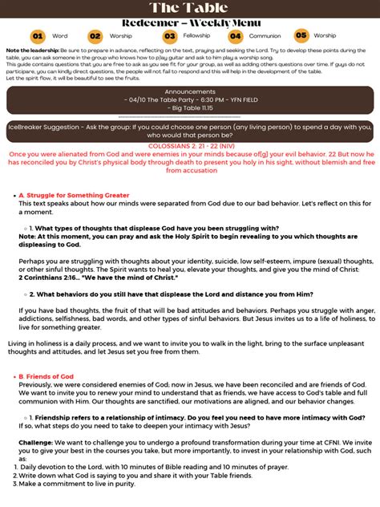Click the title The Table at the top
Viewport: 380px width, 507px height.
point(189,7)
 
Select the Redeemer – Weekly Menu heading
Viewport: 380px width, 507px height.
point(189,22)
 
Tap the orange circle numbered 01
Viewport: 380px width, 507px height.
point(38,36)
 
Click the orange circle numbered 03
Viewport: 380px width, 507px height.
point(169,36)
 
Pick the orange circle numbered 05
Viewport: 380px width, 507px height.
point(301,35)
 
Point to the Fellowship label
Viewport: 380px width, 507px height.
point(196,36)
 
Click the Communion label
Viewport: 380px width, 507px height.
point(265,36)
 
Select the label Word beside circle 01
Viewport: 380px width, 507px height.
point(60,36)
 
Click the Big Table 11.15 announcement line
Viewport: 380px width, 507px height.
point(189,107)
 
